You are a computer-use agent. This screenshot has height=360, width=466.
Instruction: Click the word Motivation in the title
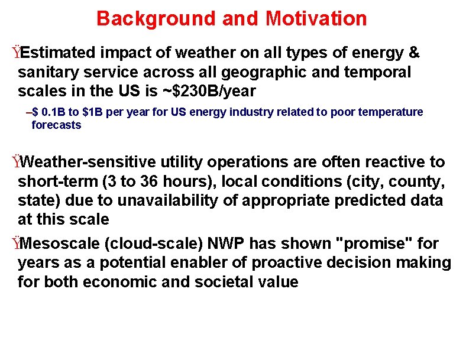point(316,19)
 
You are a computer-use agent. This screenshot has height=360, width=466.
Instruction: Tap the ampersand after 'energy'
point(414,53)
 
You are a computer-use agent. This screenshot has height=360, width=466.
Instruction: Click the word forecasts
point(56,125)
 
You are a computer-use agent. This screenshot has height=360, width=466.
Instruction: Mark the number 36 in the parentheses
point(145,181)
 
